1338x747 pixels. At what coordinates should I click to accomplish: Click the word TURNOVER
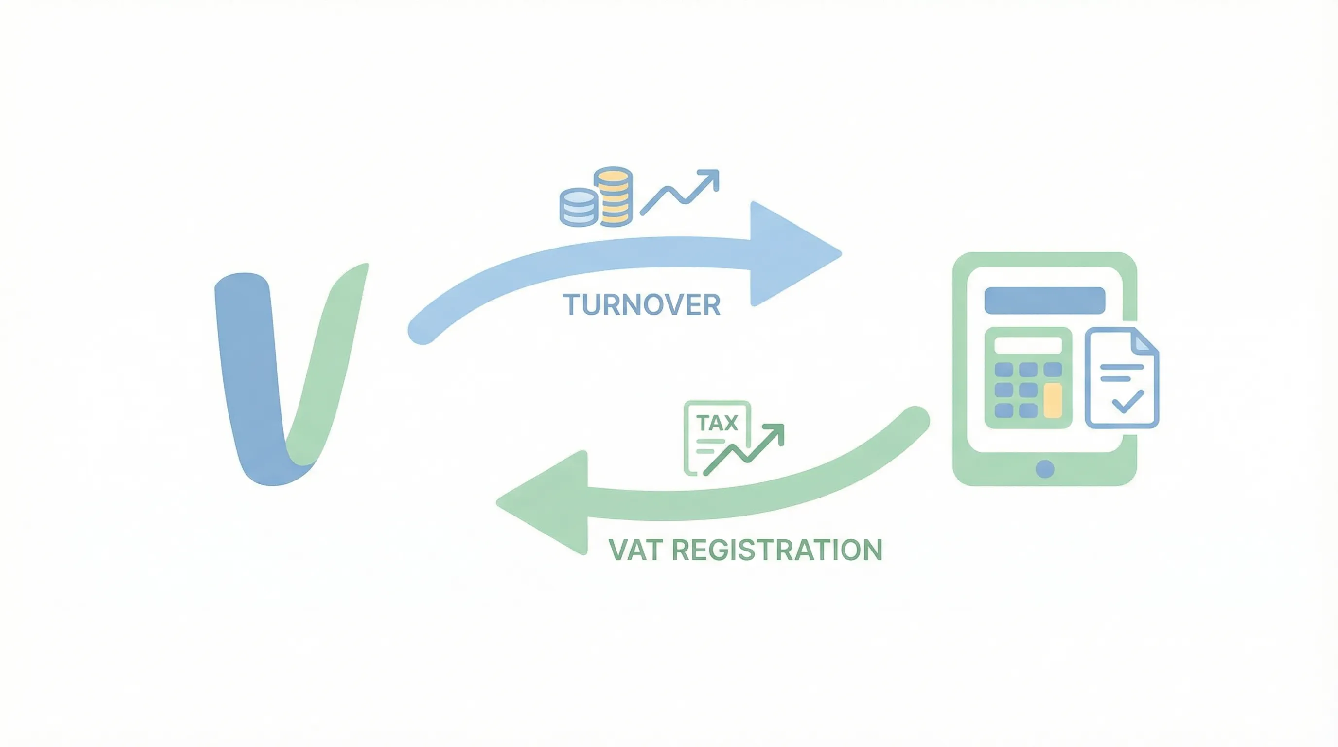click(641, 304)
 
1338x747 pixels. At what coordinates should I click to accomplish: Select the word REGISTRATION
click(777, 550)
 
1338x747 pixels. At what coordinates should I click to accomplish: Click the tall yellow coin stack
click(614, 196)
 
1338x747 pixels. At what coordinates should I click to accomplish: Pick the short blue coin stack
click(578, 208)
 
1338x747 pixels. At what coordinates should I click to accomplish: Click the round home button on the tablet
click(1044, 468)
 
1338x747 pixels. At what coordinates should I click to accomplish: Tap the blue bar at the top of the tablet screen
click(1044, 300)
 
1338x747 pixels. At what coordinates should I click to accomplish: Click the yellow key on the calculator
click(1053, 401)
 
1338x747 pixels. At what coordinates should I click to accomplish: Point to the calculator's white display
click(1027, 345)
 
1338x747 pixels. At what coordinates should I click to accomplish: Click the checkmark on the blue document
click(1127, 402)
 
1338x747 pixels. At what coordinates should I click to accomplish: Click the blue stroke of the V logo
click(249, 374)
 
